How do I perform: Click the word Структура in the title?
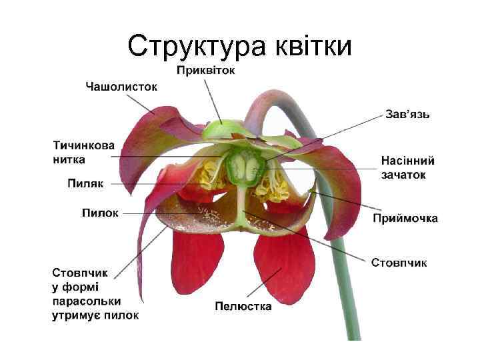[196, 46]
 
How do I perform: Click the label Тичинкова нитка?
[83, 152]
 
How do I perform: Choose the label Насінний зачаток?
[407, 167]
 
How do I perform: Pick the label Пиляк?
[85, 183]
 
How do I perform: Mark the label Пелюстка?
[243, 306]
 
